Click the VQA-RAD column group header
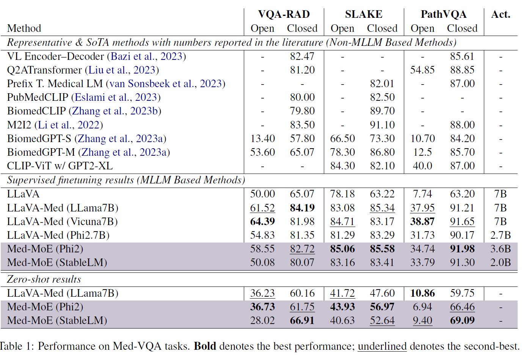click(284, 14)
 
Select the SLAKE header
click(364, 14)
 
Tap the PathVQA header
click(444, 14)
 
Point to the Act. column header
click(501, 14)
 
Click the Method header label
click(24, 28)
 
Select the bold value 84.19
click(302, 208)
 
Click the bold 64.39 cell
click(262, 221)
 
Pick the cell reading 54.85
click(422, 70)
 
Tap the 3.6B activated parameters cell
click(501, 249)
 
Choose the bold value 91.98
click(462, 249)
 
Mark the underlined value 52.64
click(382, 321)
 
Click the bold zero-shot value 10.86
click(422, 293)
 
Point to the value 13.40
click(262, 139)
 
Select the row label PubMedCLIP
click(38, 97)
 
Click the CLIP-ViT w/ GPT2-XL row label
click(60, 166)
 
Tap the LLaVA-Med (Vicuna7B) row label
click(63, 222)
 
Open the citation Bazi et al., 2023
click(147, 56)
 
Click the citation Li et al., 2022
click(69, 125)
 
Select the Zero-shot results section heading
click(44, 279)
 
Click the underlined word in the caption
click(382, 346)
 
